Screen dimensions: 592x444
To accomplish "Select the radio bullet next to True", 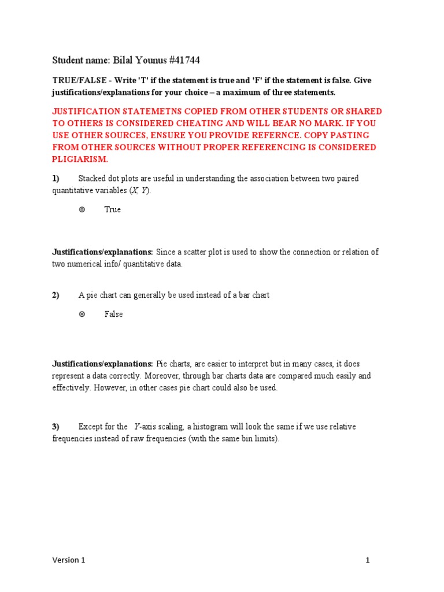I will [82, 210].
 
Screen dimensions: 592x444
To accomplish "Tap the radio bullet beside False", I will [82, 314].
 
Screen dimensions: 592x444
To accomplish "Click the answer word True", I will [113, 210].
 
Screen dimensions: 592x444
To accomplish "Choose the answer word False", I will [114, 314].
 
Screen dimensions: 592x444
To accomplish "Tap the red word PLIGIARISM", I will [80, 159].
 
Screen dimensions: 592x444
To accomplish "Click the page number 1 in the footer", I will [367, 560].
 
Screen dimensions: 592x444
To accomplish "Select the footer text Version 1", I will [68, 560].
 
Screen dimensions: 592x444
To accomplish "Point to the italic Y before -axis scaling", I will [136, 427].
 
